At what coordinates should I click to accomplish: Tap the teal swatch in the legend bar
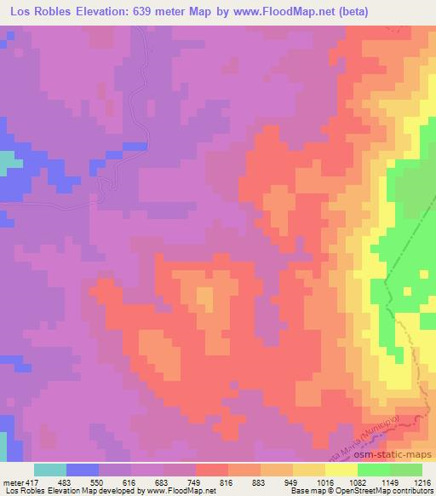50,470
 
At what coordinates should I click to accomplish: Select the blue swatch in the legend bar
83,470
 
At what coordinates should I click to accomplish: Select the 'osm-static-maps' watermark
400,457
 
